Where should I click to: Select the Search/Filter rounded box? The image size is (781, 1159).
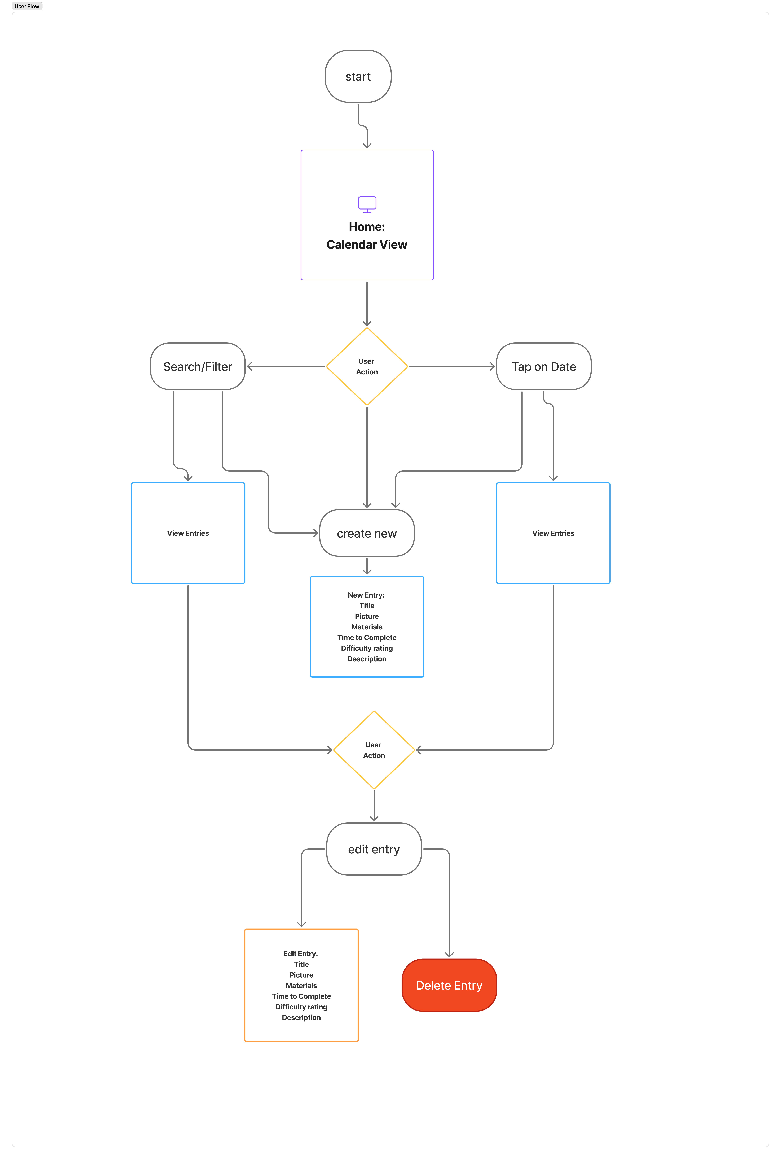198,366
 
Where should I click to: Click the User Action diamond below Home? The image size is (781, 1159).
367,366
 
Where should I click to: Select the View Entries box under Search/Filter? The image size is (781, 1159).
188,533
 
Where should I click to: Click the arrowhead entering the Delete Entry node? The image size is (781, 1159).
449,954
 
